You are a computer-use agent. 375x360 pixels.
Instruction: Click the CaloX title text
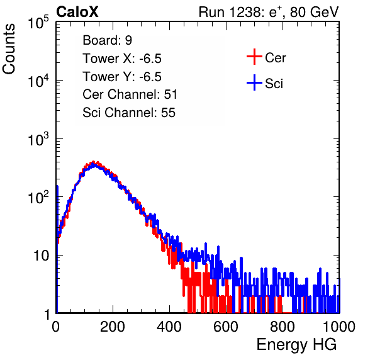coord(77,12)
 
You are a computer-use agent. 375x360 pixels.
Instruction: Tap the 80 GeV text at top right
coord(314,12)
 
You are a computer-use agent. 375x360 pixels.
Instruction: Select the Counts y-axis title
coord(9,49)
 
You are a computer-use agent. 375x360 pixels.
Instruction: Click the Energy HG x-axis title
coord(296,345)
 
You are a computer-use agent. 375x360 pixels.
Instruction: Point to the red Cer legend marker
coord(254,57)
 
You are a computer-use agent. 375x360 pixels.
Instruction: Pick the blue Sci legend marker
coord(254,83)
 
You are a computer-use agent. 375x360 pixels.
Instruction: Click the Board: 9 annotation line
coord(107,40)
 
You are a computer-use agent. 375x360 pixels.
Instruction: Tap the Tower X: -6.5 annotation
coord(122,59)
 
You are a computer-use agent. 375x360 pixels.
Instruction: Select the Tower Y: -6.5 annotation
coord(122,77)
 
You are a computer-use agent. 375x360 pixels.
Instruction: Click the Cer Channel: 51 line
coord(130,94)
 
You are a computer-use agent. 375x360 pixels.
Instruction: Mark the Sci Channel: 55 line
coord(129,113)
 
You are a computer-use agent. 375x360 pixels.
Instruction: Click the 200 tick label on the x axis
coord(113,327)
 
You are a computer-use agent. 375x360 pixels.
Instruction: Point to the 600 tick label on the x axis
coord(226,327)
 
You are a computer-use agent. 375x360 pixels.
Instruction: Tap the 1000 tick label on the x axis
coord(339,327)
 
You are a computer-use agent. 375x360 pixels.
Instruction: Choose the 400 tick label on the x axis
coord(169,327)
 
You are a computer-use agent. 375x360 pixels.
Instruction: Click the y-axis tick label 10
coord(42,256)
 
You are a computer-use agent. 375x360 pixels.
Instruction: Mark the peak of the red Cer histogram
coord(94,162)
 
